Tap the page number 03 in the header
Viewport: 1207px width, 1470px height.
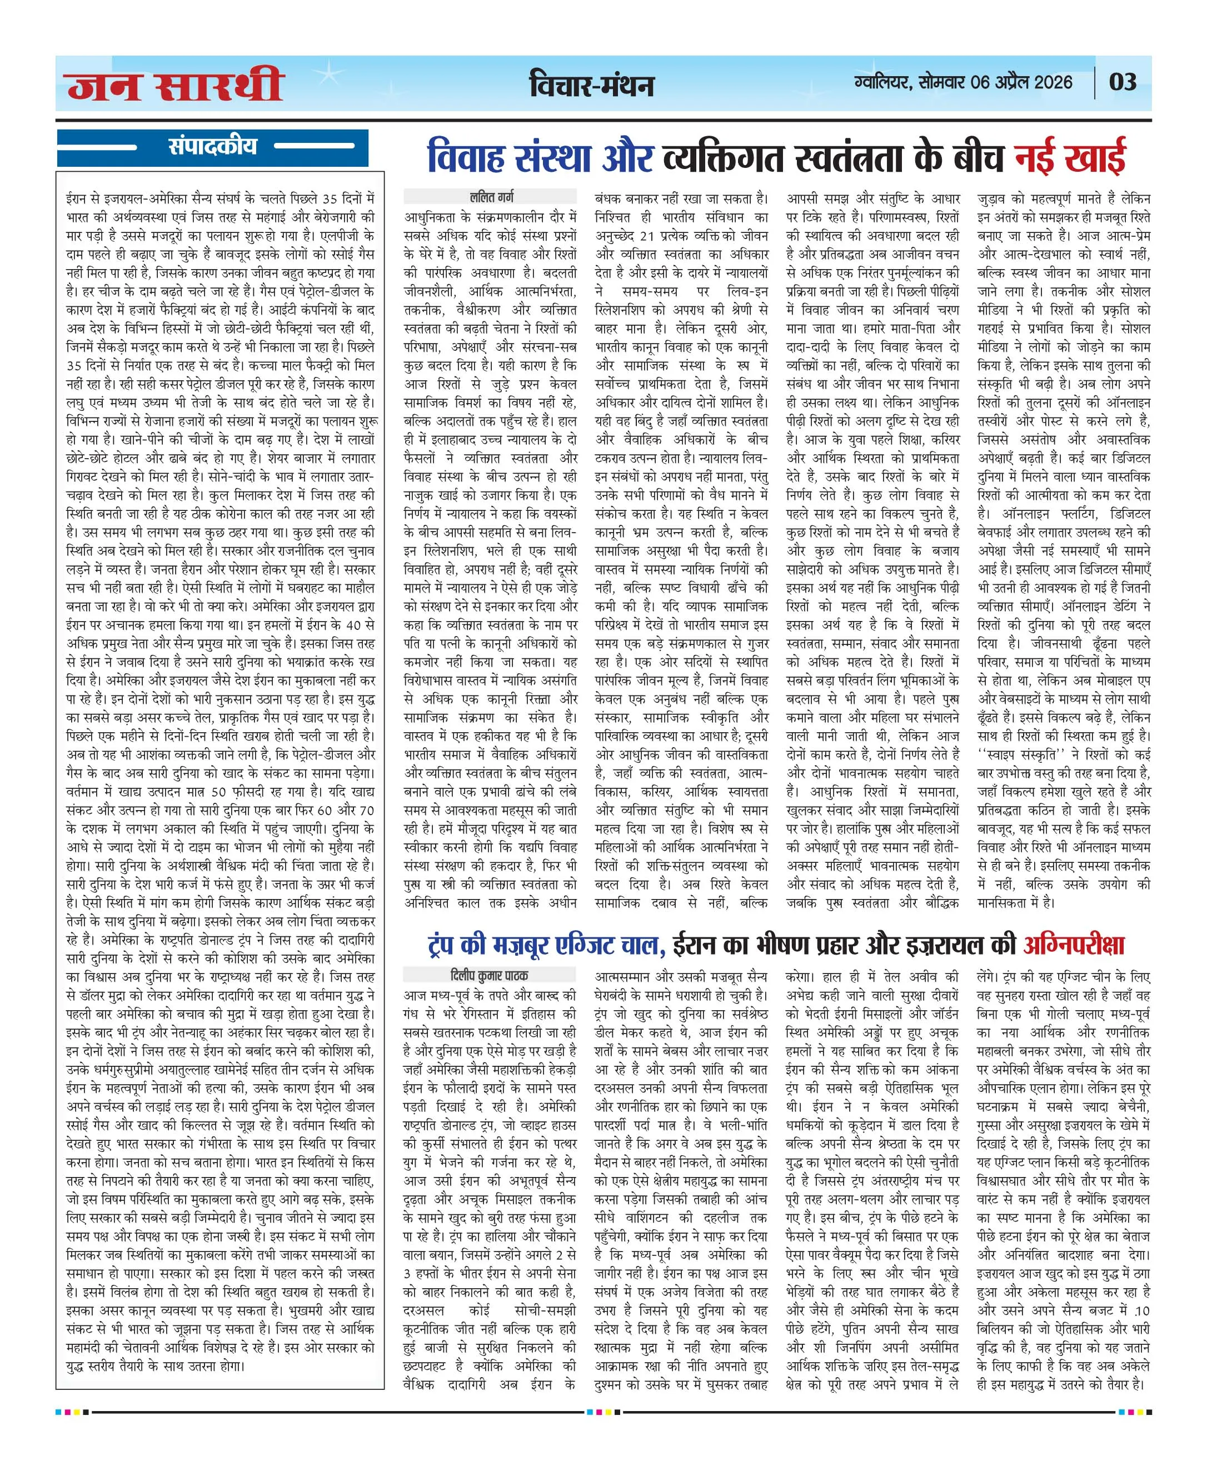point(1122,82)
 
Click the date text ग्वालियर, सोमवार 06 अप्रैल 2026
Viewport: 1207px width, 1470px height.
point(963,82)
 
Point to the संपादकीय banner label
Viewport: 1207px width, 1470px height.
point(213,147)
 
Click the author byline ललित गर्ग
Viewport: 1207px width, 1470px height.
point(492,197)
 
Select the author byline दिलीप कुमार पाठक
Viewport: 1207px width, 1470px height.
point(490,975)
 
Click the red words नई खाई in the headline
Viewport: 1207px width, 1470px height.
point(1070,157)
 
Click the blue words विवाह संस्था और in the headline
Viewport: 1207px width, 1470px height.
point(540,157)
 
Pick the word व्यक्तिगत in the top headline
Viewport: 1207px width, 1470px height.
point(723,157)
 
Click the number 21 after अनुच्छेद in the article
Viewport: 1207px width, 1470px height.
point(647,235)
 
